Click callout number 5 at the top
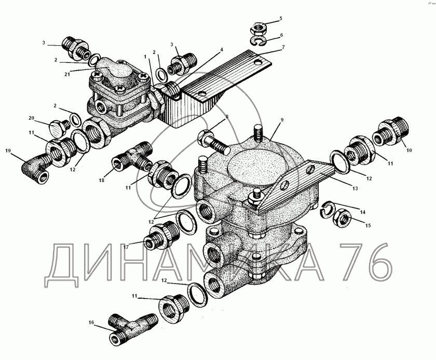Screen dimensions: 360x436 [281, 18]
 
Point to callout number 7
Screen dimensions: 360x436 [283, 48]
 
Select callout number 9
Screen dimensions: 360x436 [282, 120]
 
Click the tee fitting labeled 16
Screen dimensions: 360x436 [130, 329]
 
